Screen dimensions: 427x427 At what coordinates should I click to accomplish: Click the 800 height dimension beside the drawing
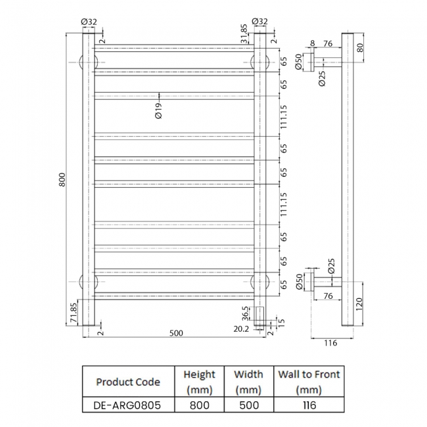(62, 179)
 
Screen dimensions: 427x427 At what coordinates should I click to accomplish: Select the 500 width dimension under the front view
(176, 333)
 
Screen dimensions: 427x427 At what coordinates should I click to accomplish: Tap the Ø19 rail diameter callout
(158, 110)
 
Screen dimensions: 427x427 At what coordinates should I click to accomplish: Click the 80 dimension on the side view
(359, 47)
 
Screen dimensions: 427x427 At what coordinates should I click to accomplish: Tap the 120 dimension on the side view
(359, 304)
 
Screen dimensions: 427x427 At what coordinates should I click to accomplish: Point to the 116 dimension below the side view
(330, 343)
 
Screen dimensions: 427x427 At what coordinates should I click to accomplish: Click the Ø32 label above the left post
(89, 21)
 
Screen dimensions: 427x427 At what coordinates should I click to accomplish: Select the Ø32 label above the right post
(259, 21)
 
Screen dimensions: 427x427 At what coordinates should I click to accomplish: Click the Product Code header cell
(128, 382)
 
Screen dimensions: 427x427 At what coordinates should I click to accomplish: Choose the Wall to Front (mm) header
(309, 382)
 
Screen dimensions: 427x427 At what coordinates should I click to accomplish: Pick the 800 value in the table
(199, 405)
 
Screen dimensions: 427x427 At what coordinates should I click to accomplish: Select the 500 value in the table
(248, 405)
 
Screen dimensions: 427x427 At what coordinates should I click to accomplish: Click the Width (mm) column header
(248, 382)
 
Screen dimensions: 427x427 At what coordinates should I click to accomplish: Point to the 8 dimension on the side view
(312, 44)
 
